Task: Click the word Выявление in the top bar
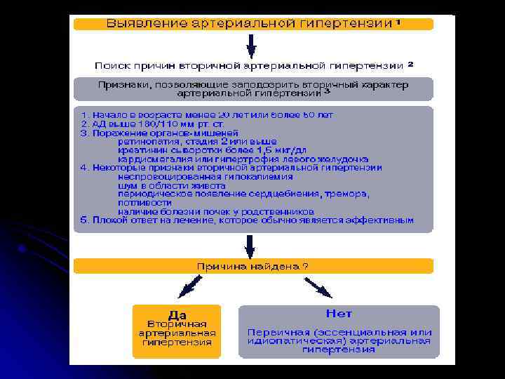coord(137,23)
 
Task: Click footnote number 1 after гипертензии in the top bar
coord(398,21)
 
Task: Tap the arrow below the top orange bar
coord(251,46)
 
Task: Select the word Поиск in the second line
coord(112,65)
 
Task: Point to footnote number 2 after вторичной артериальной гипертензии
coord(410,63)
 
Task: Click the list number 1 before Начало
coord(83,114)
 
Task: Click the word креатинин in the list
coord(141,149)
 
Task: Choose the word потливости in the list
coord(140,202)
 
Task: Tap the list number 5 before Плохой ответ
coord(83,220)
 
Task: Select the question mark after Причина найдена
coord(304,267)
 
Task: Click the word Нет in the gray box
coord(339,313)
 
